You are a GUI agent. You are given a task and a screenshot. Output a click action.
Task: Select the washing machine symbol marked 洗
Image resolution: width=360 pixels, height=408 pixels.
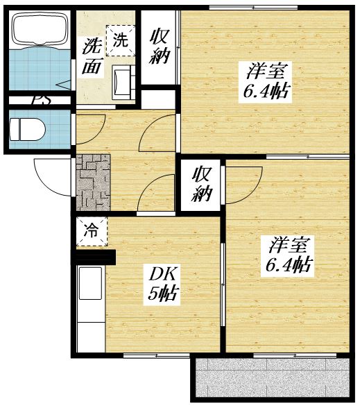[120, 40]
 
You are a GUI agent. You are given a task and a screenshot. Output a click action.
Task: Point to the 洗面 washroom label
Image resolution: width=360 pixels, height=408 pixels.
[92, 57]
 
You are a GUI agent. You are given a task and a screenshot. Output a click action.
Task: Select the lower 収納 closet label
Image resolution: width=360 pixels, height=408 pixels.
[201, 184]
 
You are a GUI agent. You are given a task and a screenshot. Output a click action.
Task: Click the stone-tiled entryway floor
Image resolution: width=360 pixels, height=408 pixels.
[93, 182]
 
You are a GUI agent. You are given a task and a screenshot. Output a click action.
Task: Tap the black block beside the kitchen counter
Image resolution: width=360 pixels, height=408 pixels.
[94, 257]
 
